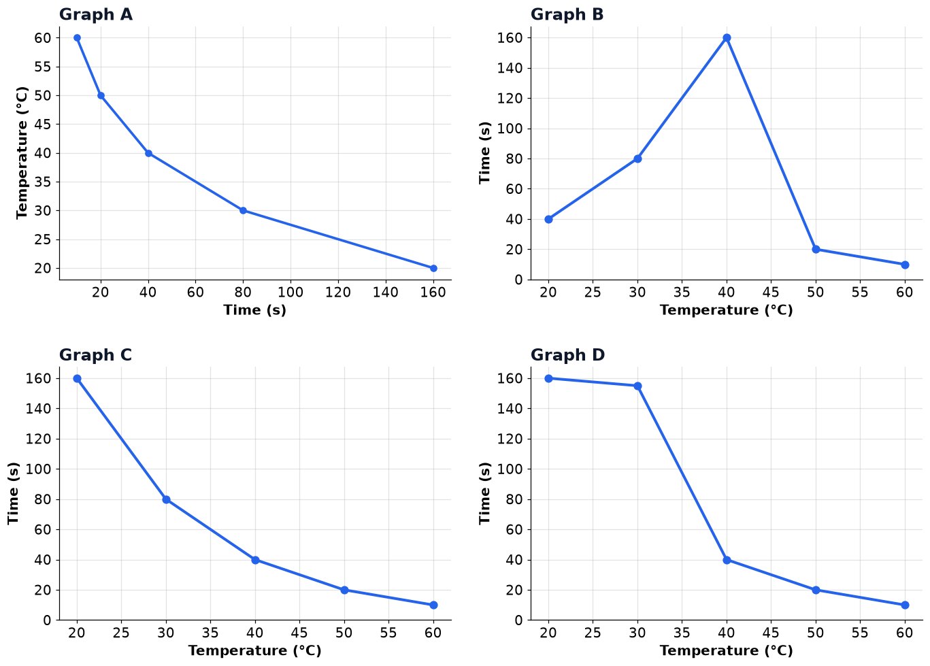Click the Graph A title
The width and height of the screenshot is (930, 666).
(x=95, y=14)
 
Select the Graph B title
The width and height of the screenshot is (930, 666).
(x=567, y=14)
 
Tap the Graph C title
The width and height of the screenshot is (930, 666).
(x=95, y=355)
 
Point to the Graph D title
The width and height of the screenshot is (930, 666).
(x=567, y=355)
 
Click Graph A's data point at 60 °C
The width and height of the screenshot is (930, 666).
(x=78, y=38)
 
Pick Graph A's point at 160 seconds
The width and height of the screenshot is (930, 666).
(x=433, y=268)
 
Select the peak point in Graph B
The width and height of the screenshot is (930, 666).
(x=727, y=38)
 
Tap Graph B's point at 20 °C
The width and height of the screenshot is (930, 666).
(x=548, y=219)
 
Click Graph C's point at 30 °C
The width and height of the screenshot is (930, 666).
(x=166, y=499)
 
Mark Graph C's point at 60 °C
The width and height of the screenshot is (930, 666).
(x=433, y=605)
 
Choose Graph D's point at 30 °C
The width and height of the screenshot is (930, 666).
(x=637, y=386)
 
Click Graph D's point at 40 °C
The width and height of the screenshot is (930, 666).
(x=727, y=560)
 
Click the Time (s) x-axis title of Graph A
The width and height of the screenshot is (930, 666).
(x=255, y=310)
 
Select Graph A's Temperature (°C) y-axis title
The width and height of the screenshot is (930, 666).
(x=22, y=153)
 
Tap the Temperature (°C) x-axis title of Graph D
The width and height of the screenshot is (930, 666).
(x=727, y=650)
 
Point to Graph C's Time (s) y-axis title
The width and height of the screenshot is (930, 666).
(x=14, y=493)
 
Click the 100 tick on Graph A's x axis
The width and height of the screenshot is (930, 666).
(x=290, y=293)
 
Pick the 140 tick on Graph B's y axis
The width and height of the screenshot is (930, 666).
(x=510, y=68)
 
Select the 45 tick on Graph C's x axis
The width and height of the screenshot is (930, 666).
(x=299, y=633)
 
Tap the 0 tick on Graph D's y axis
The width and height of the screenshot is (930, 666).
(x=518, y=620)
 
